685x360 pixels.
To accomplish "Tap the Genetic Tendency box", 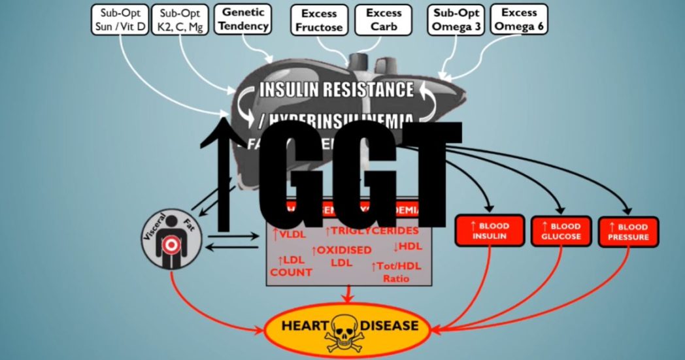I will [242, 19].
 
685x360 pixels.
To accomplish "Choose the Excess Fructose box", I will [319, 20].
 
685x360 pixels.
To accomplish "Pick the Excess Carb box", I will [384, 20].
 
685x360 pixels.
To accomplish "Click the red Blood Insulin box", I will [490, 231].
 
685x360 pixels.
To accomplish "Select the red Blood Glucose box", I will [561, 231].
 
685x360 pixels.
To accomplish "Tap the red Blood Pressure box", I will [628, 231].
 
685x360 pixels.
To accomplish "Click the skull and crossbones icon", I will [346, 326].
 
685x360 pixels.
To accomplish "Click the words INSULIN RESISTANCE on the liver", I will [337, 90].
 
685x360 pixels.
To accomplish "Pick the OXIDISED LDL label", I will [341, 255].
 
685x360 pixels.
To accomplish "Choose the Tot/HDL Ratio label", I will [396, 272].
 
